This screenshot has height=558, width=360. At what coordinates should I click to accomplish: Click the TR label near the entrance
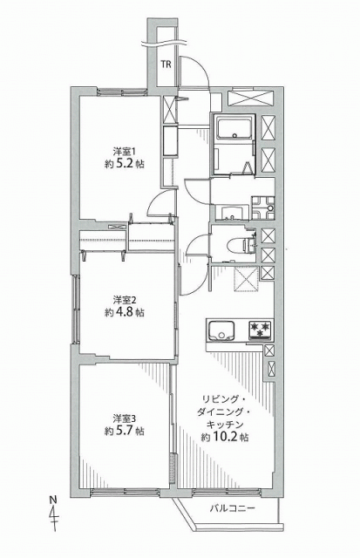pos(166,65)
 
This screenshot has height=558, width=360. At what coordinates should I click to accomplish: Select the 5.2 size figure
pos(126,165)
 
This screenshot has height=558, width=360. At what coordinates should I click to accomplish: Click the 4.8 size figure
pos(126,312)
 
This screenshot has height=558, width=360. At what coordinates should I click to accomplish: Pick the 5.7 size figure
pos(126,431)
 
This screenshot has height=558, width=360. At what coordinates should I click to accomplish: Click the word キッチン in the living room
pos(225,425)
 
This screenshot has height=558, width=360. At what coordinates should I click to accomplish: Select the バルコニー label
pos(232,508)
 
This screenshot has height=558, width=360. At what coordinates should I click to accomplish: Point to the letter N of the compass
pos(53,500)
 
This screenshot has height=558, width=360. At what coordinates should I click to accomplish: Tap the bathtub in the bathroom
pos(234,128)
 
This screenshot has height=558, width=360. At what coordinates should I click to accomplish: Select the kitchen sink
pos(221,330)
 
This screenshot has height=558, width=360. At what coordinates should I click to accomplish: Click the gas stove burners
pos(260,329)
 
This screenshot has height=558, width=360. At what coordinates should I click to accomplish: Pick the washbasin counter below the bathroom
pos(232,213)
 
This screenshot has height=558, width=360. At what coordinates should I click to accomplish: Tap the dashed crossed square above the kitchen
pos(246,279)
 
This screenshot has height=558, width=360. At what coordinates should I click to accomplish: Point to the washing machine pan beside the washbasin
pos(263,208)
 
